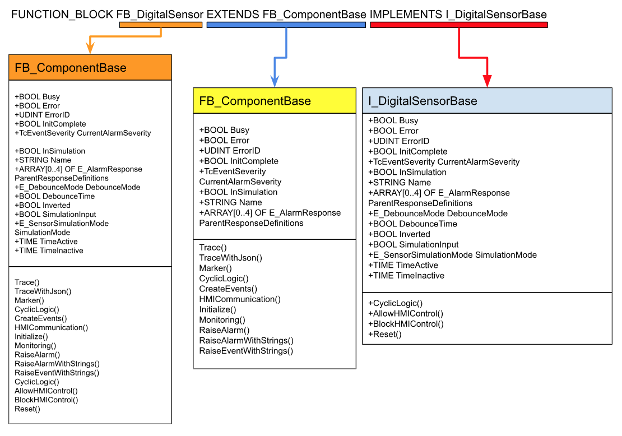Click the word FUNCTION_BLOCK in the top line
62,15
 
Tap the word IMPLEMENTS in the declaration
406,15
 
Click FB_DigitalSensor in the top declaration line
160,15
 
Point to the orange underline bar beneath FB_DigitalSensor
160,25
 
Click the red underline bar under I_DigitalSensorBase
459,25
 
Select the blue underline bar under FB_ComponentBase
286,25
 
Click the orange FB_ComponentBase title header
90,68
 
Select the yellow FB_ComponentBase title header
275,101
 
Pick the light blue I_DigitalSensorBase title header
487,101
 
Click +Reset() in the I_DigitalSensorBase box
385,335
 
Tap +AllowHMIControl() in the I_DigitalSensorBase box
406,314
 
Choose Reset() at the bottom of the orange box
27,409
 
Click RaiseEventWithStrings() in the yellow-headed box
246,351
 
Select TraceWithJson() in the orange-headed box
43,291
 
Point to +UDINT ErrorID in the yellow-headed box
230,151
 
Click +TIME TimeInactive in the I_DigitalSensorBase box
406,276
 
